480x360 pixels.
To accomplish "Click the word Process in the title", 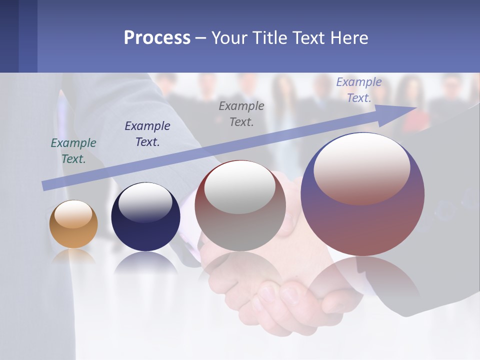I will pos(157,38).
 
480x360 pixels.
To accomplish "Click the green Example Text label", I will pos(73,151).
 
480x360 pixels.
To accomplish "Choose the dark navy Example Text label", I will pos(147,134).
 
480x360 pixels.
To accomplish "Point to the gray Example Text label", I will pos(241,113).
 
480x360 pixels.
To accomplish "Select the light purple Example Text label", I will pos(359,90).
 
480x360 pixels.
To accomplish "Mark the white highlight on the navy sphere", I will pos(145,202).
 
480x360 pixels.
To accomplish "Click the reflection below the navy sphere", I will pos(145,263).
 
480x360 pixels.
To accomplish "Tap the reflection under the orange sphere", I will pos(73,256).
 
